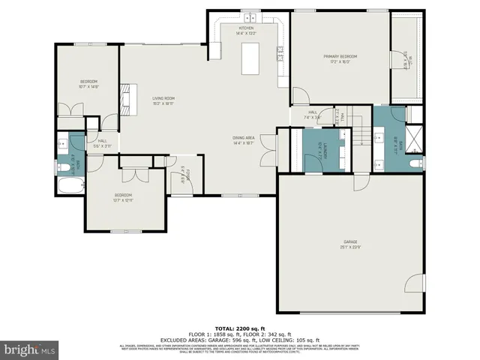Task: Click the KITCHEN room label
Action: (246, 28)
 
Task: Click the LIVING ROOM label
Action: (163, 98)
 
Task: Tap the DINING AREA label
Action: (244, 138)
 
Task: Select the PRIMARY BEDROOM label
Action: (340, 56)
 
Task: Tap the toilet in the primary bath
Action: (416, 163)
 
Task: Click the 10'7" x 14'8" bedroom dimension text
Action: (89, 87)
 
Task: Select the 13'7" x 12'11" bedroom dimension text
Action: (122, 200)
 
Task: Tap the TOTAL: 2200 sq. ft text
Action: (239, 329)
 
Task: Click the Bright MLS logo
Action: (30, 349)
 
